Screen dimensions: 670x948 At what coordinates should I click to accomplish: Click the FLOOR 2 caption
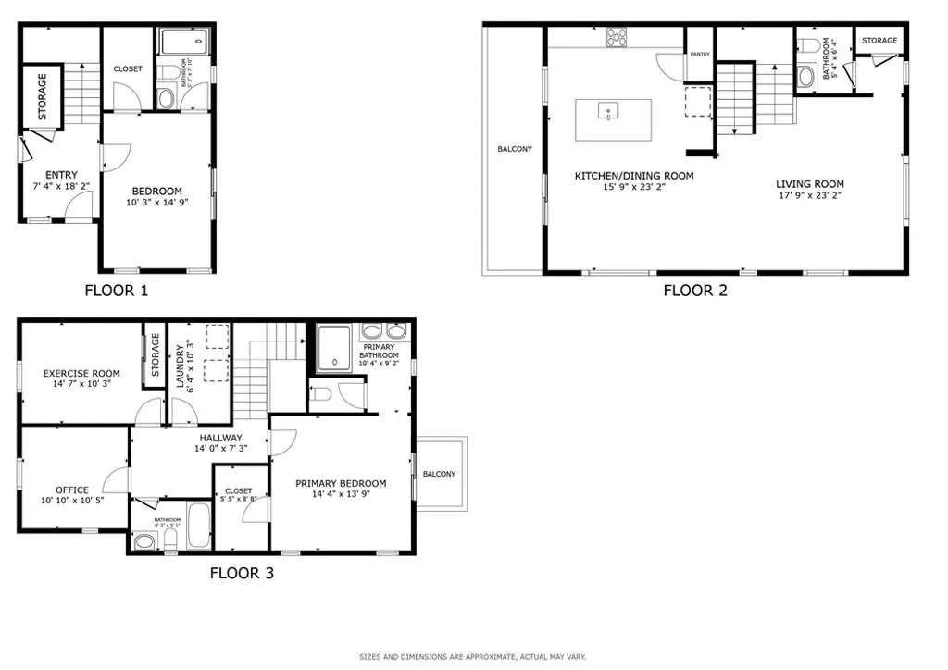pyautogui.click(x=694, y=291)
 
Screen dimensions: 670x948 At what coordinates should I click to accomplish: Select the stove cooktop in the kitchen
pyautogui.click(x=616, y=37)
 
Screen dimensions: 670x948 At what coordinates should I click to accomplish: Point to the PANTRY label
pyautogui.click(x=699, y=55)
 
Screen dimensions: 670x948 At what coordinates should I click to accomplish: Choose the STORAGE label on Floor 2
pyautogui.click(x=879, y=41)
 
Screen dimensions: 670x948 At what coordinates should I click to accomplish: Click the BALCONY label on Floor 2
pyautogui.click(x=515, y=149)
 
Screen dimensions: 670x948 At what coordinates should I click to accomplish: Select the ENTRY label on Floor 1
pyautogui.click(x=61, y=175)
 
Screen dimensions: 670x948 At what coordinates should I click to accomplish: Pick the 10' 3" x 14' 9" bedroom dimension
pyautogui.click(x=155, y=203)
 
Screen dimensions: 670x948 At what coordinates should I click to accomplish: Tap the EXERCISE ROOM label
pyautogui.click(x=81, y=374)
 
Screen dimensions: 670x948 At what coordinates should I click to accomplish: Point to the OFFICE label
pyautogui.click(x=71, y=490)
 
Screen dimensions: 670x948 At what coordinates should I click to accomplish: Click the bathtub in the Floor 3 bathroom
pyautogui.click(x=199, y=525)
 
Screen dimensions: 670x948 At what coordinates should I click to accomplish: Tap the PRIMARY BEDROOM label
pyautogui.click(x=341, y=483)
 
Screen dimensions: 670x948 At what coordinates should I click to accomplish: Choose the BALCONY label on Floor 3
pyautogui.click(x=439, y=474)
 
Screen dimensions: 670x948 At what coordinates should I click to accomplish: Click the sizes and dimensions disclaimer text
pyautogui.click(x=473, y=657)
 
